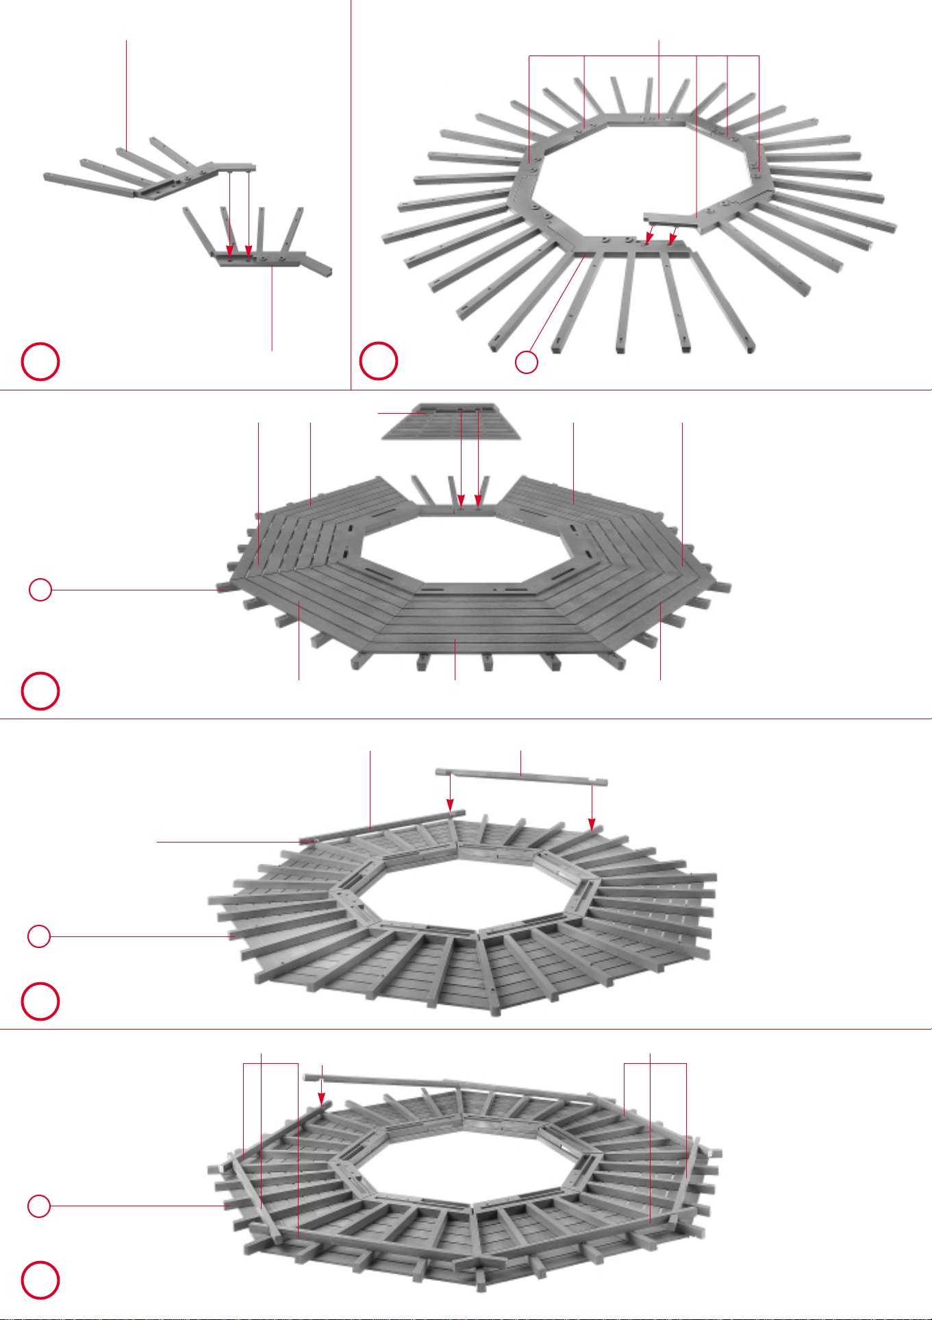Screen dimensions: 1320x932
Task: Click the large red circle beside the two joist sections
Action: [40, 362]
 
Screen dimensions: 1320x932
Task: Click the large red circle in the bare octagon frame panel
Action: [379, 360]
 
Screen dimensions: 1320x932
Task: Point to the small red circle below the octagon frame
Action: [526, 362]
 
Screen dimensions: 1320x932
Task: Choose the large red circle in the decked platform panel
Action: [40, 691]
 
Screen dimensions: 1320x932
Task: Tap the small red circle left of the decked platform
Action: [40, 590]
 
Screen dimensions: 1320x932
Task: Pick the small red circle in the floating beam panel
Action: [39, 936]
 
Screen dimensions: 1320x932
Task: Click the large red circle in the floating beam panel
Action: [40, 1001]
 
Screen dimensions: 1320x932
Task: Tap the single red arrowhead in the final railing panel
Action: [321, 1098]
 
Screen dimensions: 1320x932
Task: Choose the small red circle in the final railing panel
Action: [39, 1206]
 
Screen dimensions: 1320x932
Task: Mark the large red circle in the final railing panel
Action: [40, 1280]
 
